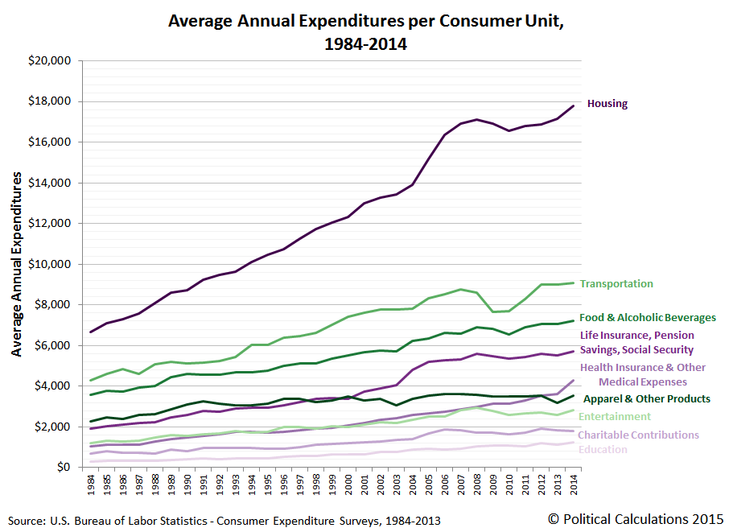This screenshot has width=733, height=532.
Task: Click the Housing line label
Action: coord(607,104)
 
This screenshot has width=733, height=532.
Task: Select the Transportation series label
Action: coord(616,284)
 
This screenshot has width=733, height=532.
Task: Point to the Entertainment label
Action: coord(614,417)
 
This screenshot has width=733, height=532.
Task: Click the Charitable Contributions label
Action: coord(638,435)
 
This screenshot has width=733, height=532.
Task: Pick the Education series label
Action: coord(602,450)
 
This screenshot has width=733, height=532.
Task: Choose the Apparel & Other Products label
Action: coord(647,399)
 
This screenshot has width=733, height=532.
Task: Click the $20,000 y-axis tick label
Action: coord(49,61)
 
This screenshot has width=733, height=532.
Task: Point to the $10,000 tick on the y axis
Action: coord(49,264)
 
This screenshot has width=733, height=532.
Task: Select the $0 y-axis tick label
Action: coord(61,468)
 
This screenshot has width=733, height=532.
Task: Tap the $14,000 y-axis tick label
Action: coord(49,183)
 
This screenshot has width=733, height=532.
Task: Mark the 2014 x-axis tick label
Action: coord(573,485)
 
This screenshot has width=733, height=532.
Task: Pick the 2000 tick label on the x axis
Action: coord(348,485)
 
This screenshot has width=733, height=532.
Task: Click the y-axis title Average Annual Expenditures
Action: coord(16,264)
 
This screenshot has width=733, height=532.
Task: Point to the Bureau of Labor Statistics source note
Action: coord(224,519)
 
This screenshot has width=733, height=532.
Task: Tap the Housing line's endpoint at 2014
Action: coord(573,105)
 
